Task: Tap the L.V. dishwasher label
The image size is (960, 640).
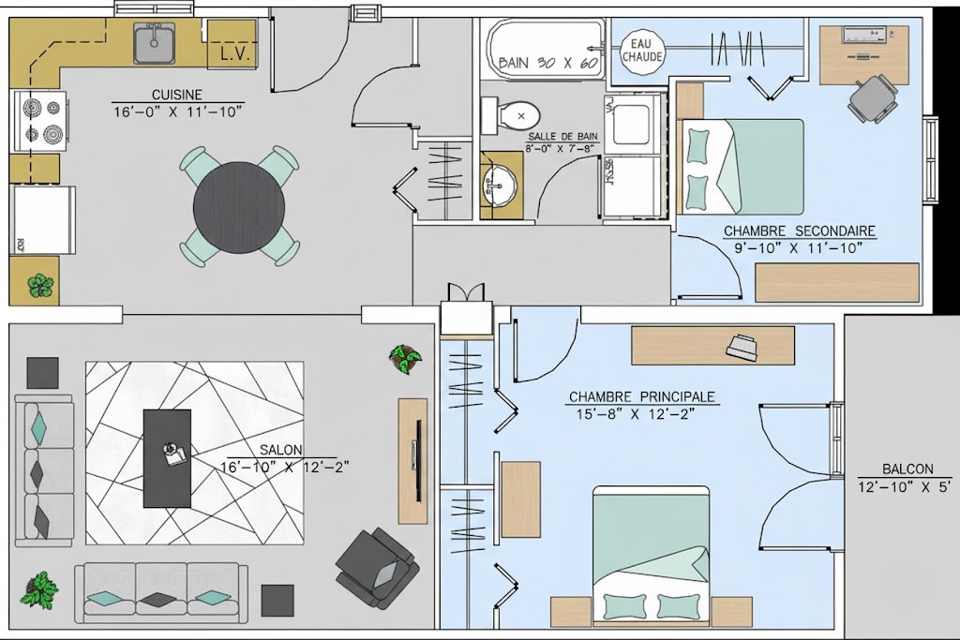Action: [232, 54]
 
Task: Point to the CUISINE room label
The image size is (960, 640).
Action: [177, 95]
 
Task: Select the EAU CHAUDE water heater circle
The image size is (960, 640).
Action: [642, 50]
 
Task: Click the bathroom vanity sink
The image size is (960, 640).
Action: [499, 185]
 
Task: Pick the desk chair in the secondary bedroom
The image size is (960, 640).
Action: [874, 97]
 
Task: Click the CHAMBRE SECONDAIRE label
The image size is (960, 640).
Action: [800, 231]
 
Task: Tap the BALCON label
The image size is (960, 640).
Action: [907, 469]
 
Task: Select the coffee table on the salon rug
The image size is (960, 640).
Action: [167, 454]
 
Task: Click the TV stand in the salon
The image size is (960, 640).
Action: [412, 460]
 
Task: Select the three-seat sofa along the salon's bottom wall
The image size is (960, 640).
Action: [161, 592]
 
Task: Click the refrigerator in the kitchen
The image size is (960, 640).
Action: [43, 219]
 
